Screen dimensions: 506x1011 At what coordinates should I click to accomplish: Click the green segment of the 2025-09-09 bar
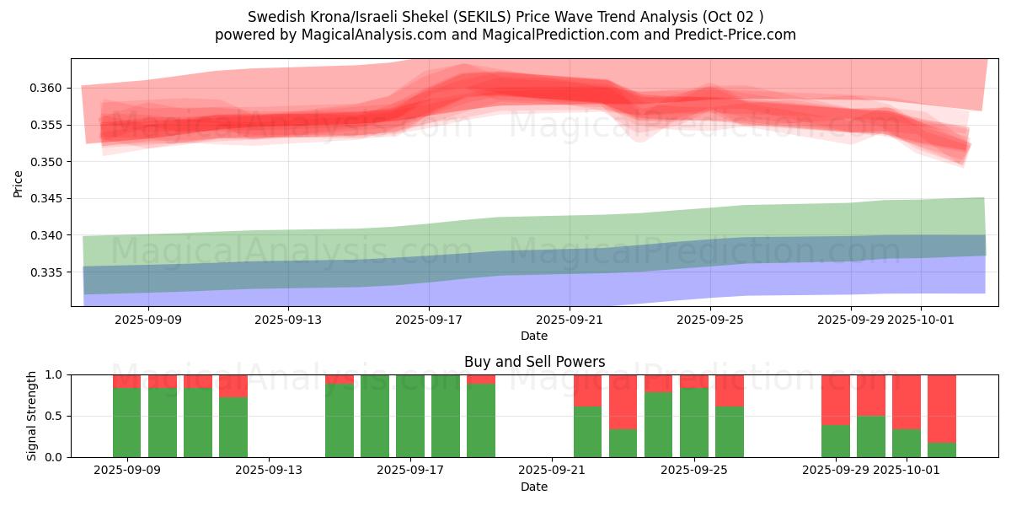[x=126, y=422]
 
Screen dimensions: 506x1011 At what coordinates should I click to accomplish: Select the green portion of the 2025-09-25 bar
[x=694, y=422]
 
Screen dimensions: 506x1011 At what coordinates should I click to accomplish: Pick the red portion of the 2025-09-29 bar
[x=836, y=399]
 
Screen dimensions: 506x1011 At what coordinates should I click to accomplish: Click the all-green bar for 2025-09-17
[x=410, y=416]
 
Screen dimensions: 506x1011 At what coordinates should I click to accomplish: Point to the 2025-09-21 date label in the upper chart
[x=570, y=320]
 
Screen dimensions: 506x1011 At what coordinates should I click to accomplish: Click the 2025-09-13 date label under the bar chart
[x=269, y=471]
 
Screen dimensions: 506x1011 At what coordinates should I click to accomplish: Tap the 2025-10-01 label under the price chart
[x=920, y=320]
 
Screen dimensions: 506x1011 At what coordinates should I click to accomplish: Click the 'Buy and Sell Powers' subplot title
[x=534, y=362]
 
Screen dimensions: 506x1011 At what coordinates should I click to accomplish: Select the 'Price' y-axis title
[x=18, y=183]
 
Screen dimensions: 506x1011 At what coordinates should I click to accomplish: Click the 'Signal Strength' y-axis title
[x=32, y=416]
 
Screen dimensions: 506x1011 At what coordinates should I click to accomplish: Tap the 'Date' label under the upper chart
[x=534, y=336]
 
